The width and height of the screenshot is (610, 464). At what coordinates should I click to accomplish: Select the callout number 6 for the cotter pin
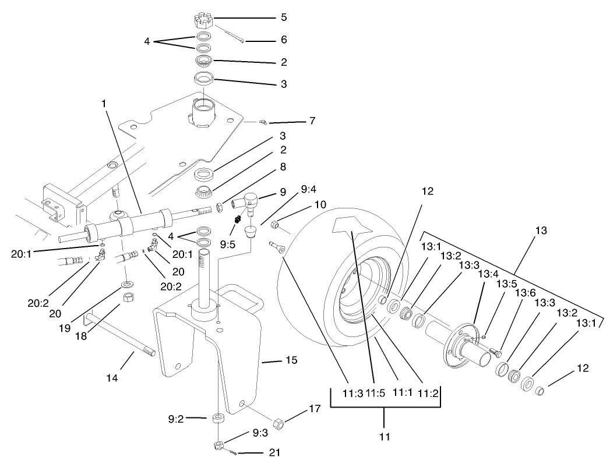tap(284, 40)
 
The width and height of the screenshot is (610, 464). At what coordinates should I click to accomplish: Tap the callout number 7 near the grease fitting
tap(312, 122)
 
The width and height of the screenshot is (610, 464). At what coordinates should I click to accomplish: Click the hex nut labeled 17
tap(278, 423)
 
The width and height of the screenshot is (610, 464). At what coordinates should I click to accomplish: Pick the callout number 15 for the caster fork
tap(291, 361)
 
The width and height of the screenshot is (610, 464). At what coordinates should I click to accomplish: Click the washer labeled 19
tap(126, 285)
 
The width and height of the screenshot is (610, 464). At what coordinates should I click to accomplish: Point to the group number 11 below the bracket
tap(385, 435)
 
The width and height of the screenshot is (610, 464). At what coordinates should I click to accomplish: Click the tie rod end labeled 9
tap(248, 202)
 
